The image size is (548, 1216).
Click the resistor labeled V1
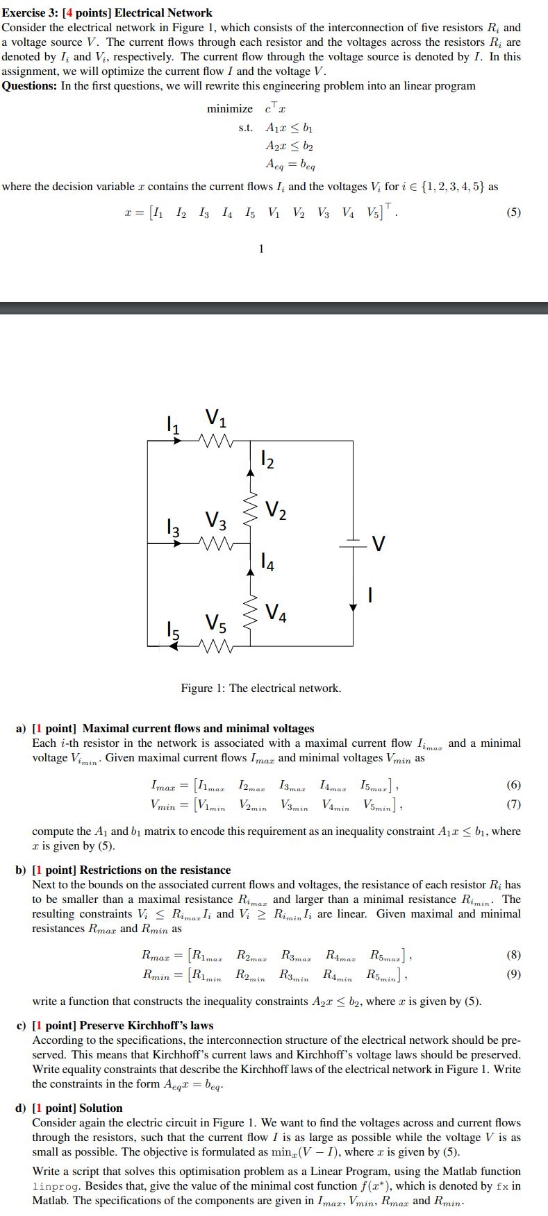(215, 440)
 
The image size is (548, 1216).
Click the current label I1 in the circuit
(172, 423)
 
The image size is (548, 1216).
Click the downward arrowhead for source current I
(354, 607)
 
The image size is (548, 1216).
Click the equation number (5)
(513, 212)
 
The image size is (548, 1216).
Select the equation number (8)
(513, 955)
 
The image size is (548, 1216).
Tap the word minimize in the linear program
(230, 109)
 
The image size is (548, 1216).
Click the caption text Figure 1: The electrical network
(261, 689)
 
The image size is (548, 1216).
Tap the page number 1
(261, 248)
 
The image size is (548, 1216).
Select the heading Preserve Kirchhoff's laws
(147, 1025)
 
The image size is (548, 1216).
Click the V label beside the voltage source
(378, 543)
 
